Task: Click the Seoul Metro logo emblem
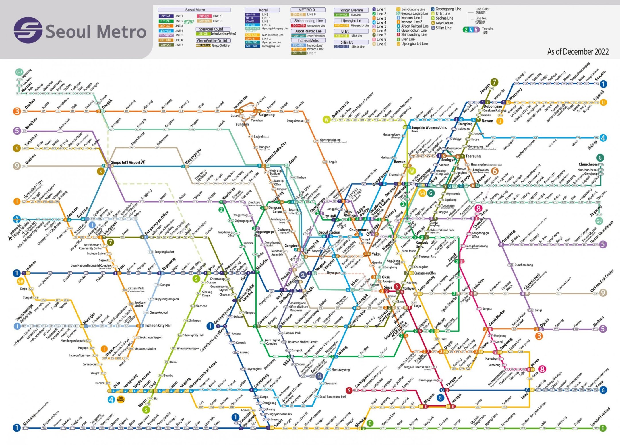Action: tap(28, 30)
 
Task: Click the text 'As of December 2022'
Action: tap(578, 52)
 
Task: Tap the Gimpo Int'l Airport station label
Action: tap(125, 162)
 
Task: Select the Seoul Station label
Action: tap(329, 232)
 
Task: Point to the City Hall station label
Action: tap(329, 216)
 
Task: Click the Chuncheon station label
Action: tap(588, 164)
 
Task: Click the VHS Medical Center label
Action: tap(602, 281)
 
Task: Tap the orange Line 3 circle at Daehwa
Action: tap(17, 111)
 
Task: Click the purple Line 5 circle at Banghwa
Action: tap(17, 131)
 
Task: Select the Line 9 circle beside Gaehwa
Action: tap(17, 166)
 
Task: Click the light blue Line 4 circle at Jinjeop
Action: tap(603, 138)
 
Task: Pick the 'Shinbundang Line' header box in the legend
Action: tap(308, 21)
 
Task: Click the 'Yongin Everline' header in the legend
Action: tap(351, 10)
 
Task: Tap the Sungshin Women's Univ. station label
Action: tap(429, 127)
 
